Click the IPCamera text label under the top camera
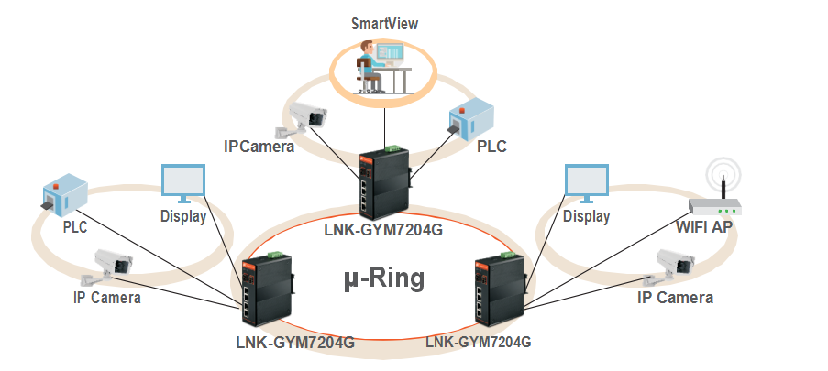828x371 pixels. click(259, 146)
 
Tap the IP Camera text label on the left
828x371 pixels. click(107, 297)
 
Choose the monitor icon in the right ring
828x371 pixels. click(585, 184)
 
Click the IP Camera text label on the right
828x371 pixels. click(675, 297)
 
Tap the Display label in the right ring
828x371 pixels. click(586, 217)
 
